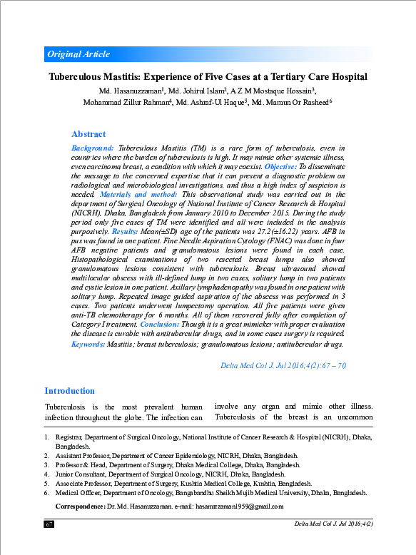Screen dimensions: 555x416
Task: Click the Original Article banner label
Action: point(78,54)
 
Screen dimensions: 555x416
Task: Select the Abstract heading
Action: point(88,133)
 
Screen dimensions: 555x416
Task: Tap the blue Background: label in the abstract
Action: point(93,147)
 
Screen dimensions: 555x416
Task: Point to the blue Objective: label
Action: point(281,166)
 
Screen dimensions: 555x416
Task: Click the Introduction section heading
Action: point(69,390)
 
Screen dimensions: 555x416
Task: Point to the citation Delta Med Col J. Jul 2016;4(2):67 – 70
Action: point(283,365)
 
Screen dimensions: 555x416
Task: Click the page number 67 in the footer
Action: point(49,524)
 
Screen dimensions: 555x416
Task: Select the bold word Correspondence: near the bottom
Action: point(81,506)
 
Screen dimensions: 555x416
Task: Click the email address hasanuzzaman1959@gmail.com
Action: point(239,506)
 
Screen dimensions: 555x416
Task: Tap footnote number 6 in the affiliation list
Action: point(46,492)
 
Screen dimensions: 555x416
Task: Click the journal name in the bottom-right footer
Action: point(334,524)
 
